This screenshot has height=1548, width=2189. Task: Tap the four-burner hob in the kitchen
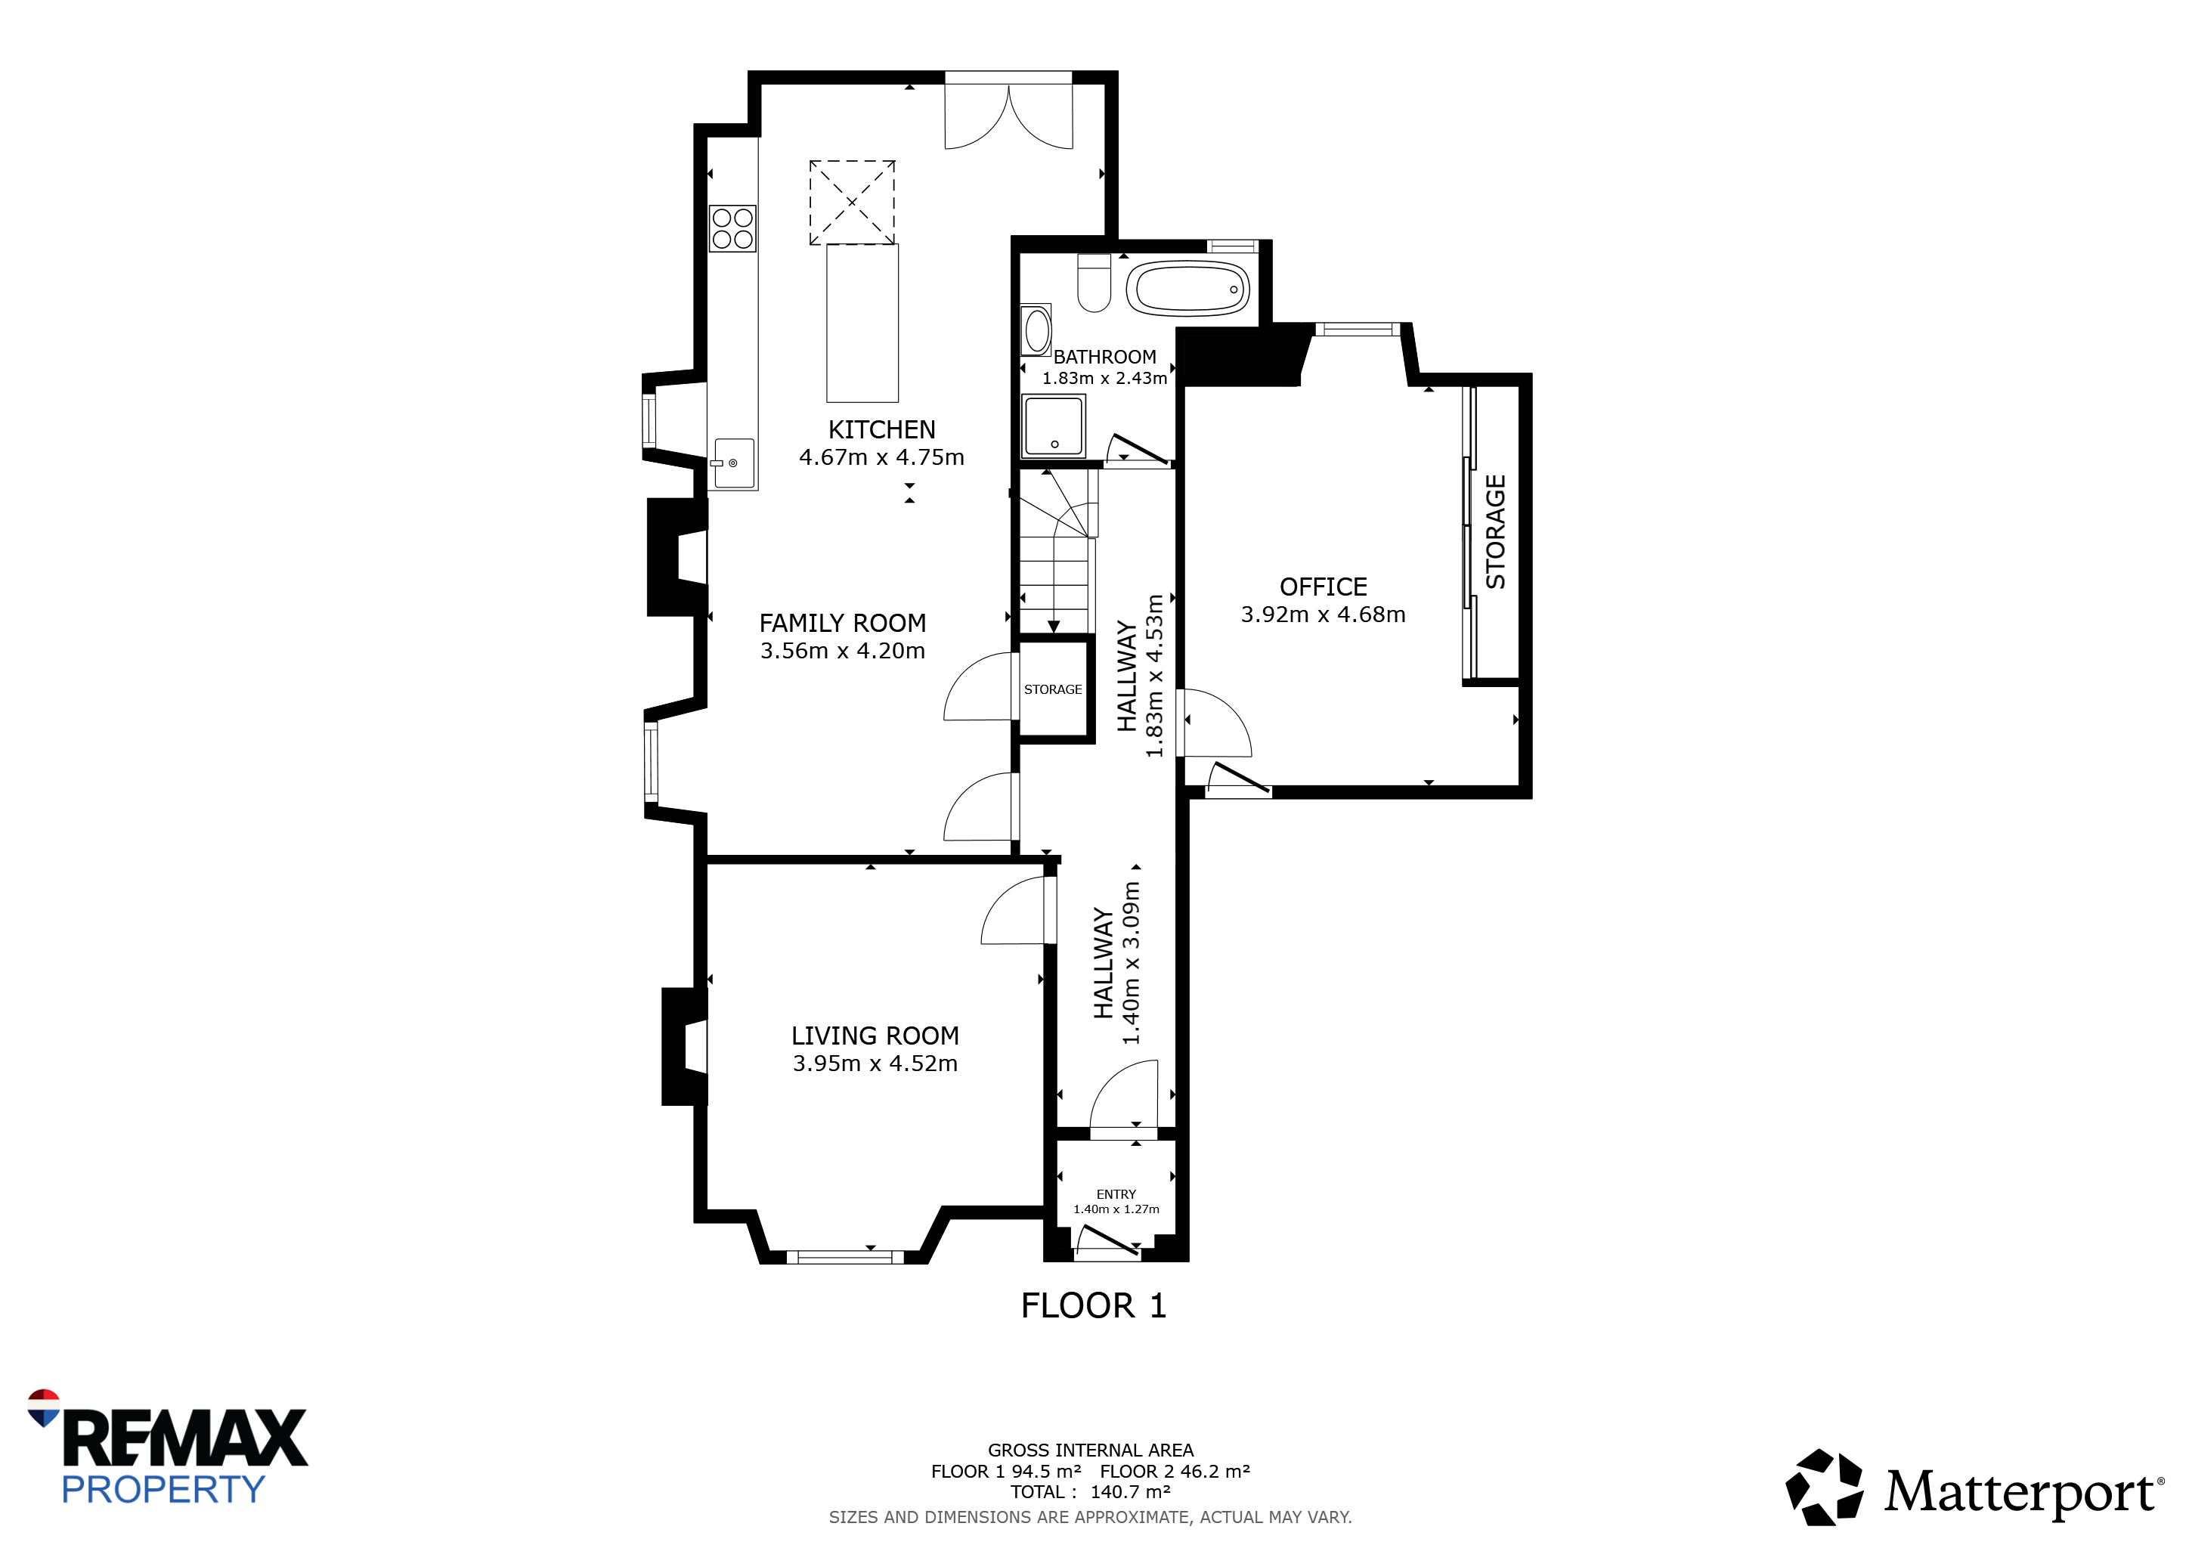point(732,229)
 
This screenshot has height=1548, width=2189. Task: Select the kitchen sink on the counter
point(734,463)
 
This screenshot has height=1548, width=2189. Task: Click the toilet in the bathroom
point(1094,283)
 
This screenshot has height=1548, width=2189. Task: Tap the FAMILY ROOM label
point(843,624)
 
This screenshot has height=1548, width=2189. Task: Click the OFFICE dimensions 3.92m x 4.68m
point(1324,615)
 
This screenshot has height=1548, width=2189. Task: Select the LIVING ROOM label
point(875,1036)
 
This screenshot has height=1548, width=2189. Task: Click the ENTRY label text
point(1116,1194)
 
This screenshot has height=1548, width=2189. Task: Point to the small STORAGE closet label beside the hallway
point(1053,689)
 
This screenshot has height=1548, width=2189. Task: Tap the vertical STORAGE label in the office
point(1496,532)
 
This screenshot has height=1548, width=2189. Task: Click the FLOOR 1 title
point(1094,1306)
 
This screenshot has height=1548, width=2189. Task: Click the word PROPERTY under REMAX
point(163,1490)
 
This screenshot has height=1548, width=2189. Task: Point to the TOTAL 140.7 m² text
point(1091,1492)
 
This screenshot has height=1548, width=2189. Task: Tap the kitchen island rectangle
point(862,324)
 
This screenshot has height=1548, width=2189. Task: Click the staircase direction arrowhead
point(1054,627)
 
